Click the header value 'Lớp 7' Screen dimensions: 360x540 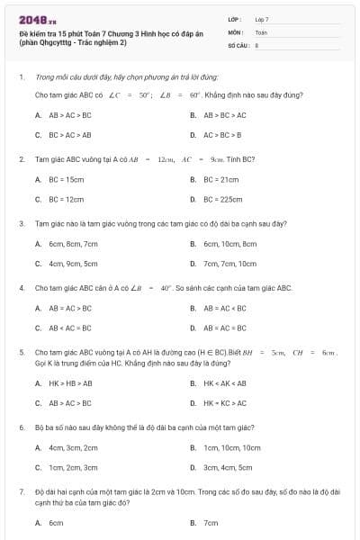tap(262, 19)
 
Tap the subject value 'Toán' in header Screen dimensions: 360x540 tap(261, 31)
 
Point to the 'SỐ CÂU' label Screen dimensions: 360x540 tap(237, 44)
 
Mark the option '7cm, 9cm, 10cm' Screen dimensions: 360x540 tap(229, 264)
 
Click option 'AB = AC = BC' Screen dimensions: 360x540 tap(225, 328)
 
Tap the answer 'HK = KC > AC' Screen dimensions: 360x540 tap(225, 403)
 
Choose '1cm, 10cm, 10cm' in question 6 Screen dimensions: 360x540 tap(232, 447)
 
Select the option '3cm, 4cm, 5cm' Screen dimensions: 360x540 tap(228, 468)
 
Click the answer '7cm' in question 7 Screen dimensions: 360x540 tap(211, 523)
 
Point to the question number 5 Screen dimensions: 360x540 tap(21, 353)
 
